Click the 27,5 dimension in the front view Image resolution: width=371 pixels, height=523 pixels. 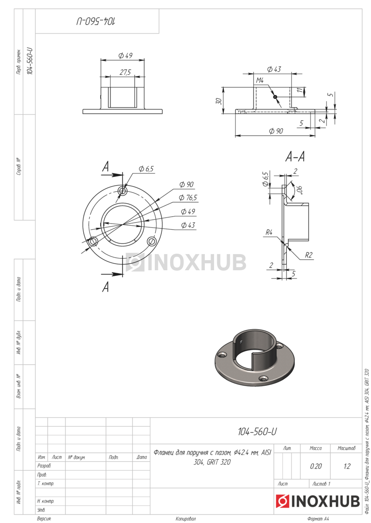pyautogui.click(x=125, y=72)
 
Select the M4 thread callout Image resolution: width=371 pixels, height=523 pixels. pyautogui.click(x=260, y=81)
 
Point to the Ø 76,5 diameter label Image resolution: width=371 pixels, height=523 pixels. pyautogui.click(x=188, y=198)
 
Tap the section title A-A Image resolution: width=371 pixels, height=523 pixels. pyautogui.click(x=295, y=156)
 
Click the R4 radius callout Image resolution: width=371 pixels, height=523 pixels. pyautogui.click(x=269, y=232)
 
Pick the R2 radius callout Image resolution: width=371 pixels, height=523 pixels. pyautogui.click(x=308, y=255)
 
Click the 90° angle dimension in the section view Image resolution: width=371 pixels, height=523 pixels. pyautogui.click(x=300, y=190)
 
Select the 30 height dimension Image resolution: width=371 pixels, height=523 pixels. pyautogui.click(x=218, y=101)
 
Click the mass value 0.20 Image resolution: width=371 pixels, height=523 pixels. pyautogui.click(x=316, y=466)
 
